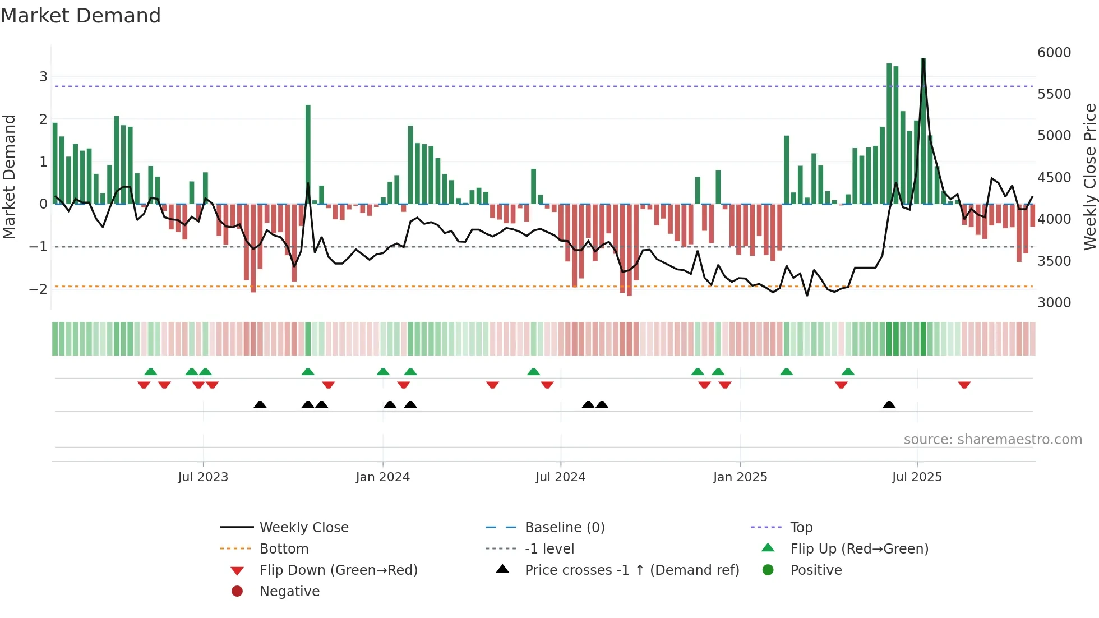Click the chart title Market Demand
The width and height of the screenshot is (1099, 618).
81,16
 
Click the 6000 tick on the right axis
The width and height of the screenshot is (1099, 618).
1054,53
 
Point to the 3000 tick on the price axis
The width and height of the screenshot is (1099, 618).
1054,303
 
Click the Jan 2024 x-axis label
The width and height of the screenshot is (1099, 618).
382,477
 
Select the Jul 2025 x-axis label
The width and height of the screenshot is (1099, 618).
917,477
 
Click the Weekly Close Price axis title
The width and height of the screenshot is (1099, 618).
1089,177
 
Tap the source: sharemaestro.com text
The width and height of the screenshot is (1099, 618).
992,440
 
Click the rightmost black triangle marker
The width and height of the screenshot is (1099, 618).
889,404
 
